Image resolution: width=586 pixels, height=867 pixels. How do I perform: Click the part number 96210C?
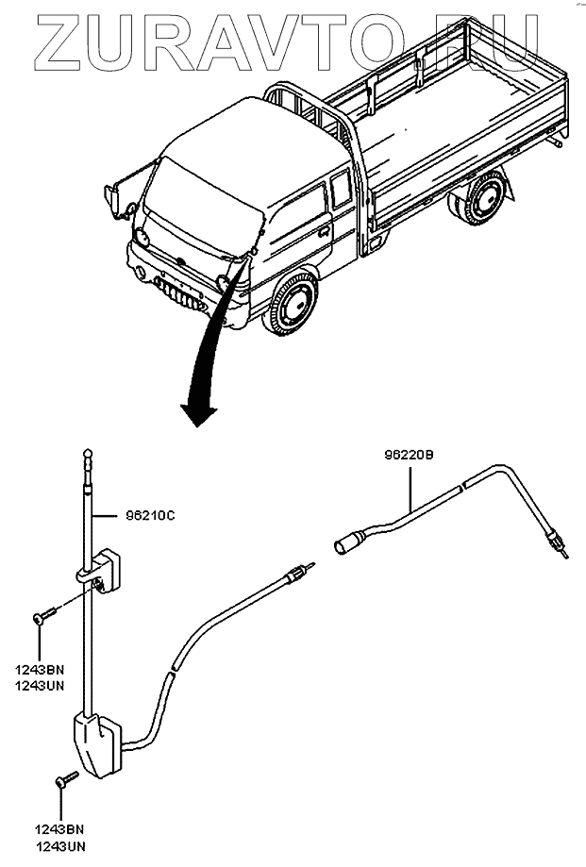tap(151, 516)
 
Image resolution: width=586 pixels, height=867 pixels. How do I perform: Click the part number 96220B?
tap(408, 455)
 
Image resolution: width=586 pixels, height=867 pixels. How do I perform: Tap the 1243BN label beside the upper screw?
tap(39, 669)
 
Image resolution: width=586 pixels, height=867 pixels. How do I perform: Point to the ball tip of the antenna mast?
tap(88, 456)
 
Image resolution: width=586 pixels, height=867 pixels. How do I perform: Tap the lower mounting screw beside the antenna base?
tap(66, 779)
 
